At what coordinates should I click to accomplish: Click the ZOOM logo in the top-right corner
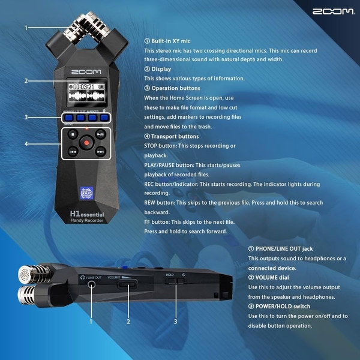coord(332,11)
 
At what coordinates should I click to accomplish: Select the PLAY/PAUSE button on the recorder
coord(100,136)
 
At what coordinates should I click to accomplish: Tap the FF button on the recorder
coord(100,152)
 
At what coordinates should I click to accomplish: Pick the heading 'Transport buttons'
coord(175,136)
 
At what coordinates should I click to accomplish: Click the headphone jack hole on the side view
coord(91,285)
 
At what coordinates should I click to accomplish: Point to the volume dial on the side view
coord(127,285)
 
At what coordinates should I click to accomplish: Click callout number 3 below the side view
coord(175,322)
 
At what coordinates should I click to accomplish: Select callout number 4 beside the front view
coord(26,143)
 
